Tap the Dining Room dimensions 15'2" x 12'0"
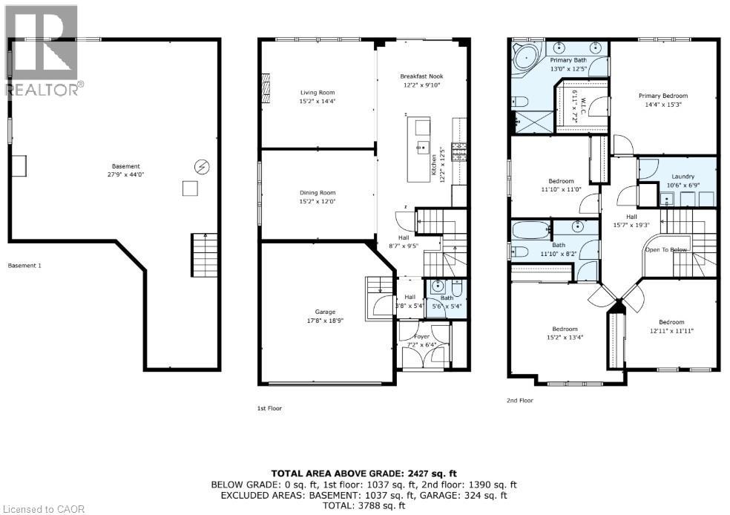tap(317, 202)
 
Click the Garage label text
tap(324, 312)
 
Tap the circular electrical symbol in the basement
tap(201, 165)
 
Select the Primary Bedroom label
tap(663, 96)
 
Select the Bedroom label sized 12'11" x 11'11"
tap(671, 323)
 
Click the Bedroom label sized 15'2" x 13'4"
tap(564, 329)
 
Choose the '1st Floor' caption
tap(269, 408)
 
